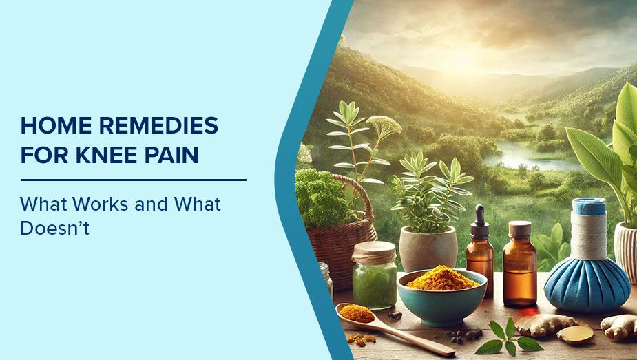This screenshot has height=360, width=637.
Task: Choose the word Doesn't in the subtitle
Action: coord(55,228)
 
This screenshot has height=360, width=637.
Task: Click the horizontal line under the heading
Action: coord(133,180)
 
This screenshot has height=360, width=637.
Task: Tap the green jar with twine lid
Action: coord(374,275)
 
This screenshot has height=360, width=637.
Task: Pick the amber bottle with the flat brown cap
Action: coord(520,264)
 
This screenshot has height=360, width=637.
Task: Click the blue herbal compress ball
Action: coord(587,284)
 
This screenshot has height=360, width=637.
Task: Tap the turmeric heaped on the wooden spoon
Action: coord(356,313)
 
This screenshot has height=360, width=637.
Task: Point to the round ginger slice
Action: coord(574,335)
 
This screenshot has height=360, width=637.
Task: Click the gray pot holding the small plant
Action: coord(428,248)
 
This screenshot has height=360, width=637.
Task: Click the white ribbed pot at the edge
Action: coord(627,251)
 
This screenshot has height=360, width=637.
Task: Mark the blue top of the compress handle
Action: coord(589,207)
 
